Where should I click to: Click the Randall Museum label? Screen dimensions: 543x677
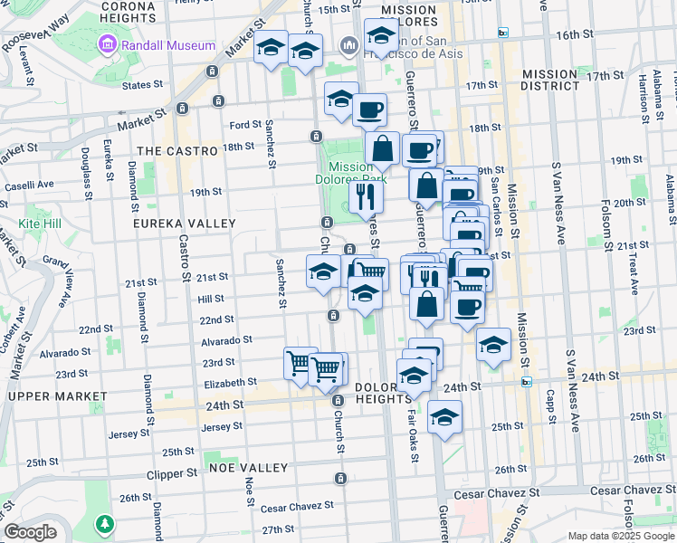tap(171, 45)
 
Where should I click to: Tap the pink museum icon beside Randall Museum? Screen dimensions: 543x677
tap(109, 44)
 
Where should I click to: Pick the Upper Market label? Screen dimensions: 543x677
tap(51, 395)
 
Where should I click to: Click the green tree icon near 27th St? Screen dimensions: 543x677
tap(106, 523)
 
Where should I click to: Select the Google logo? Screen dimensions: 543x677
tap(30, 532)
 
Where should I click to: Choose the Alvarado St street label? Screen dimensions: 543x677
tap(226, 340)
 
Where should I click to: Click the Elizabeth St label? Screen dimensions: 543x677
tap(232, 383)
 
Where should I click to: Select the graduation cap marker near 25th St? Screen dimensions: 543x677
tap(444, 417)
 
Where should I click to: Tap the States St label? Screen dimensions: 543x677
tap(148, 84)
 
